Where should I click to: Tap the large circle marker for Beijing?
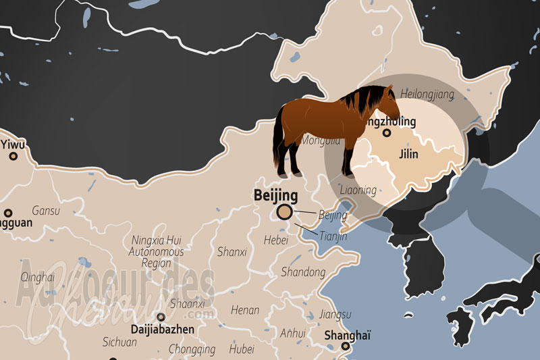(285, 213)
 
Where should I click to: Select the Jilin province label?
(408, 155)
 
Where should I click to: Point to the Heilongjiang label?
(427, 94)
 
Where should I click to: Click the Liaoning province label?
(358, 190)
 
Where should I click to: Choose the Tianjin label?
(332, 236)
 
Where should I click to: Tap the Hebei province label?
(276, 239)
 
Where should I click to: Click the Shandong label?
(303, 273)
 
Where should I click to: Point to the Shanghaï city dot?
(346, 347)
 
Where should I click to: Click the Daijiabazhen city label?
(162, 330)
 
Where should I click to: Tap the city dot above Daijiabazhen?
(161, 316)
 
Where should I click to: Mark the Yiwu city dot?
(13, 156)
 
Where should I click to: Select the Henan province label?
(244, 311)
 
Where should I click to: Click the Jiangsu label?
(335, 315)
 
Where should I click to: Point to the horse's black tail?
(278, 142)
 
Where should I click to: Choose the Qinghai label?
(37, 277)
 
